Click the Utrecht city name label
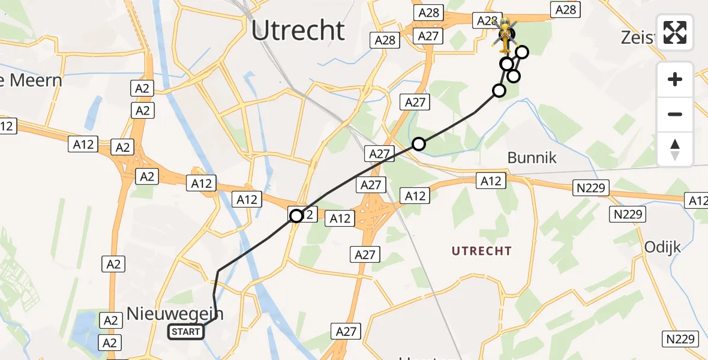point(298,31)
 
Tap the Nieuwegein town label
point(175,313)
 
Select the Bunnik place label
point(532,158)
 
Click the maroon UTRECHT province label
point(481,251)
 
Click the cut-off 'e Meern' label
point(31,80)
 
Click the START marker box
point(186,332)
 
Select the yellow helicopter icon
point(505,34)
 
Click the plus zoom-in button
point(675,79)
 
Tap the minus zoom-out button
point(675,114)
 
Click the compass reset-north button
point(675,149)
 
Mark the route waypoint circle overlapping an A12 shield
point(296,216)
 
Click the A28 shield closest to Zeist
point(566,10)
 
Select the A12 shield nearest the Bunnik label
point(491,181)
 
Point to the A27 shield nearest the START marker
point(346,331)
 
